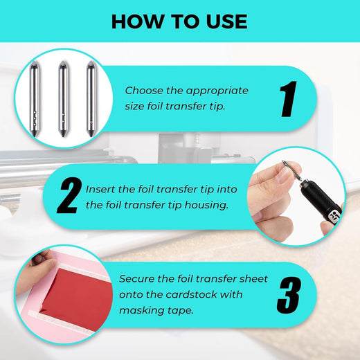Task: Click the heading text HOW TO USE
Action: point(179,21)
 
